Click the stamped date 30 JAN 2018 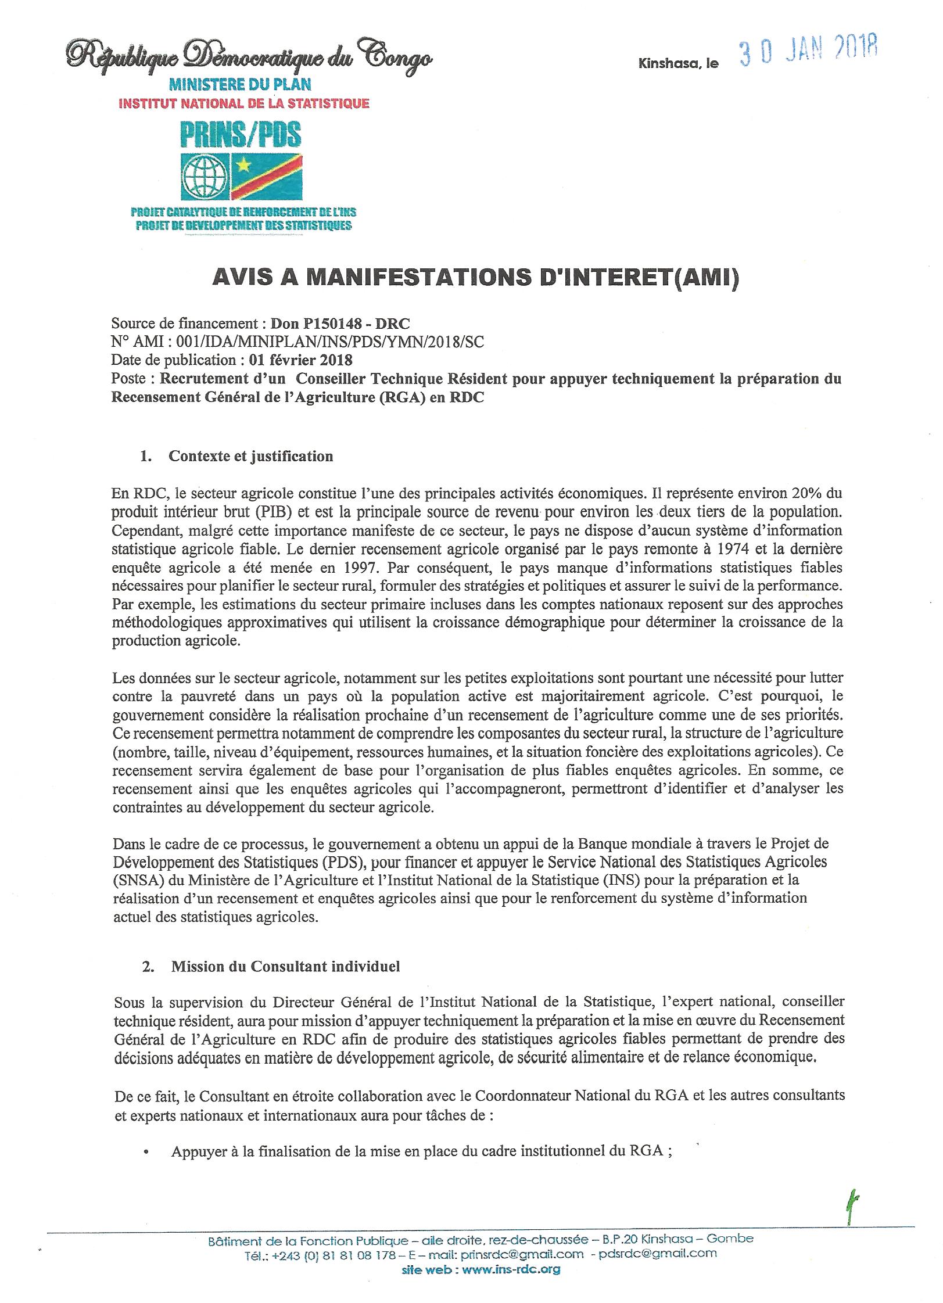(808, 54)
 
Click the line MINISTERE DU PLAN (240, 85)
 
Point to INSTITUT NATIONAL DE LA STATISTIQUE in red (244, 104)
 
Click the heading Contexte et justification (250, 456)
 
